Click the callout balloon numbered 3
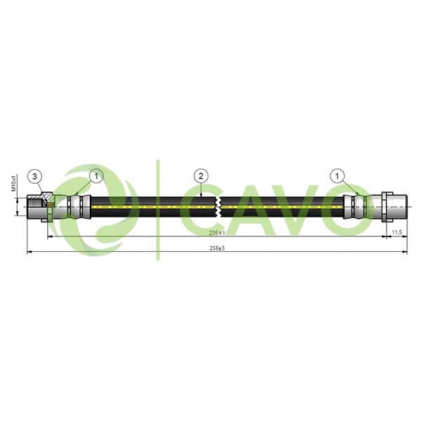(35, 175)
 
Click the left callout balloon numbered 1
(96, 175)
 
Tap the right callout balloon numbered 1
(339, 175)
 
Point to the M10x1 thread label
(13, 184)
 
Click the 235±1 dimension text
(216, 232)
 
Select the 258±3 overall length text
(216, 248)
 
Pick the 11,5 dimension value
(396, 232)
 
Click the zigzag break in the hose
(220, 206)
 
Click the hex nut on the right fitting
(387, 206)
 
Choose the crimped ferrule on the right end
(356, 206)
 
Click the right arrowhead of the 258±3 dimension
(405, 251)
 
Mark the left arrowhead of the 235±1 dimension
(49, 236)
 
